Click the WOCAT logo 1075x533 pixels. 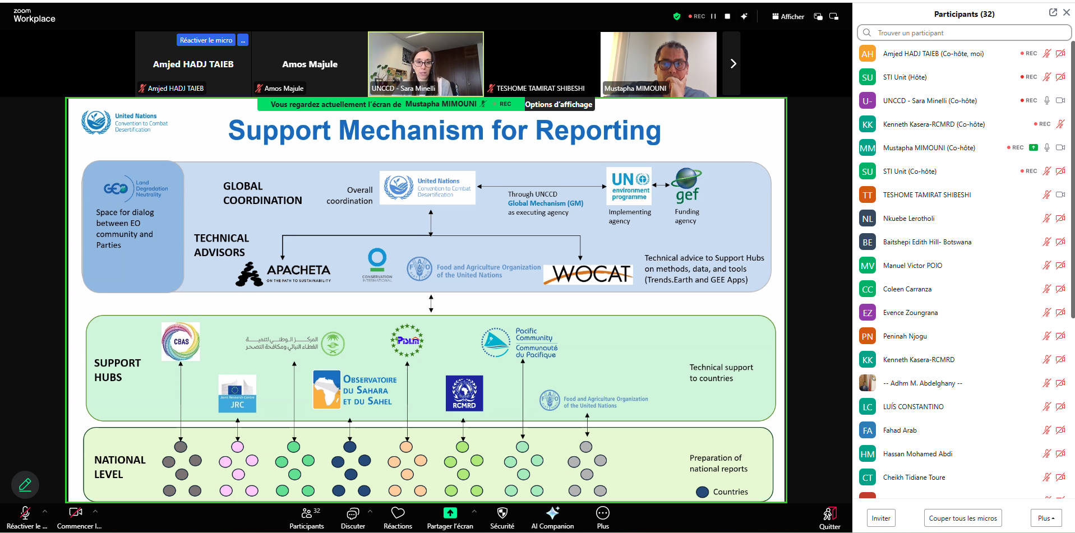(589, 274)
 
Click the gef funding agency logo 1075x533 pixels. (687, 186)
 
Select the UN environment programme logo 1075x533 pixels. (630, 186)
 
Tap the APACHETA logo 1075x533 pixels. (284, 274)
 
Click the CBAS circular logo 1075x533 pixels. (181, 341)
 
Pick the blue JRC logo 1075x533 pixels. (237, 393)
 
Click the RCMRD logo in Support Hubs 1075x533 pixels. (464, 393)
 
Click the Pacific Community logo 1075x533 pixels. (519, 342)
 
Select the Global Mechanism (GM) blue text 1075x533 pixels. (545, 203)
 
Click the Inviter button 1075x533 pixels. (880, 518)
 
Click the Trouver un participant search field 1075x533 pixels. (965, 33)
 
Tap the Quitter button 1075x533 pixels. (829, 517)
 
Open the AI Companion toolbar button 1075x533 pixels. (552, 517)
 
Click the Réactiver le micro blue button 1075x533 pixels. (206, 40)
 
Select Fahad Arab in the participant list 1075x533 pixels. (899, 430)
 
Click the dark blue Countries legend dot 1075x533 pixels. (702, 492)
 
